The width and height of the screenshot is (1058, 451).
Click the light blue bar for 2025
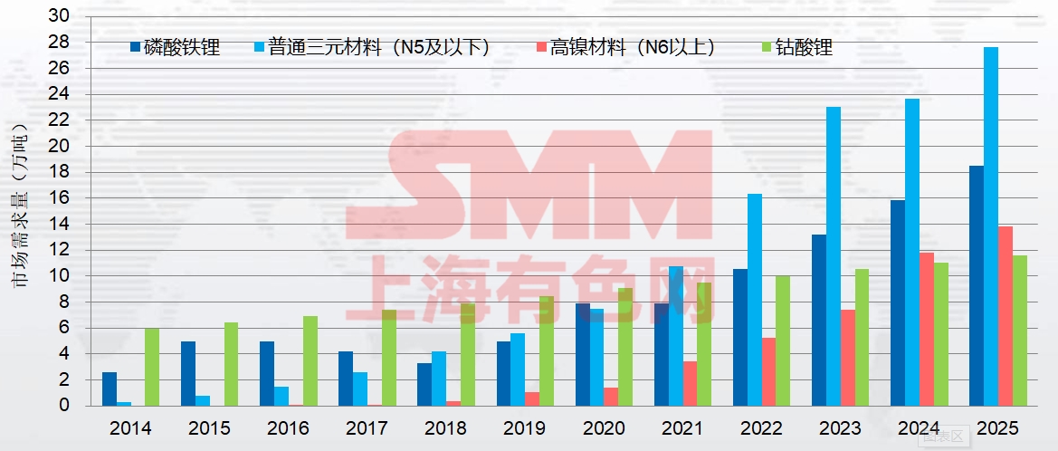991,226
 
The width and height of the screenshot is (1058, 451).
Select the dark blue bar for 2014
110,389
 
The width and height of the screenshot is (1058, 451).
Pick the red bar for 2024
927,330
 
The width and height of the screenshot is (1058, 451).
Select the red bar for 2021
690,384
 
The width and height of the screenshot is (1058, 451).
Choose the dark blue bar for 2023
819,321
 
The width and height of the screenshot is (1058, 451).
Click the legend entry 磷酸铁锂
176,48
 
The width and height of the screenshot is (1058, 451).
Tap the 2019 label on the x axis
525,428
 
